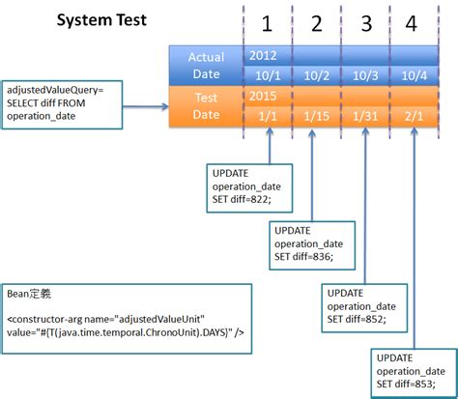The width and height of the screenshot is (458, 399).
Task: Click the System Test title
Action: [x=101, y=20]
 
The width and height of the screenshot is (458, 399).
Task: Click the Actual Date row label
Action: [x=206, y=66]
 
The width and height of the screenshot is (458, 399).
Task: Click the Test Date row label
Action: [x=206, y=106]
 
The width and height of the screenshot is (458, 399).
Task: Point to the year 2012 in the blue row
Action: [x=263, y=56]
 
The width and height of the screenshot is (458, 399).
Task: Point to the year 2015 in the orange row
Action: [x=263, y=97]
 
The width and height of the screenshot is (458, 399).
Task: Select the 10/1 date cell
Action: [x=264, y=75]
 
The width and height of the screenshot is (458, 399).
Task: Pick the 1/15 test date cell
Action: [x=315, y=116]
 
